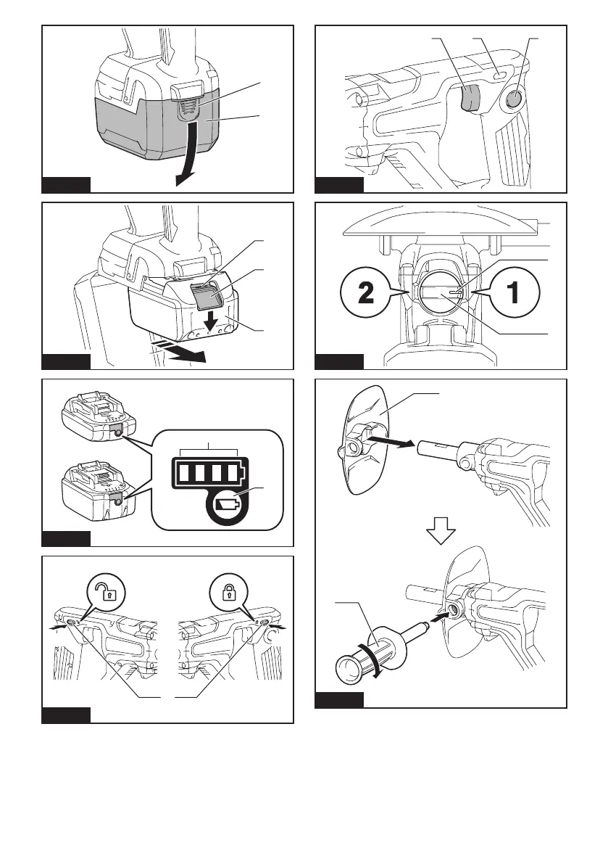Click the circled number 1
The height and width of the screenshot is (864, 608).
pyautogui.click(x=513, y=293)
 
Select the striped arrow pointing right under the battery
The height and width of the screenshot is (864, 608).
pyautogui.click(x=181, y=351)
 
